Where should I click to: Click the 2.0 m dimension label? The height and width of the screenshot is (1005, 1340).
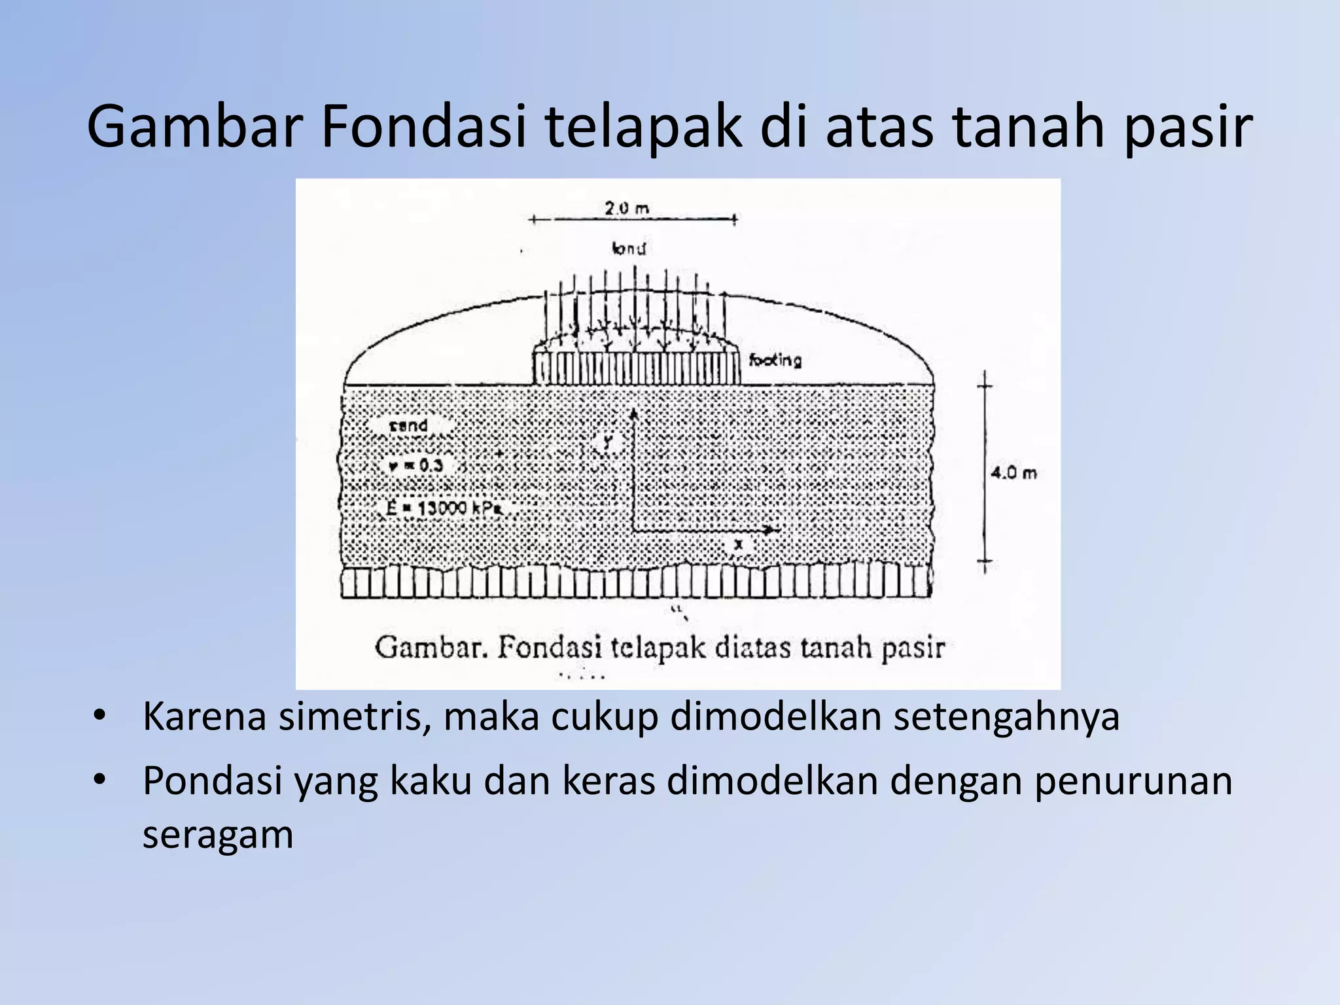tap(627, 209)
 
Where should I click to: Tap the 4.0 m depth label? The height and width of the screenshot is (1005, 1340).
tap(1014, 472)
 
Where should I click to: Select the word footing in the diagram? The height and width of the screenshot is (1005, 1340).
tap(775, 359)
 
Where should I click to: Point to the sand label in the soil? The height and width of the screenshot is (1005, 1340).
tap(408, 426)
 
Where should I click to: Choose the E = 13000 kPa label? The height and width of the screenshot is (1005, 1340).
tap(443, 508)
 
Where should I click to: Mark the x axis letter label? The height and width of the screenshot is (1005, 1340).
tap(739, 544)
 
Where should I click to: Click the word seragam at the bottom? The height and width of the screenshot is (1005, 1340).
tap(218, 835)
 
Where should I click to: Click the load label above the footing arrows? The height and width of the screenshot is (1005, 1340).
tap(629, 249)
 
